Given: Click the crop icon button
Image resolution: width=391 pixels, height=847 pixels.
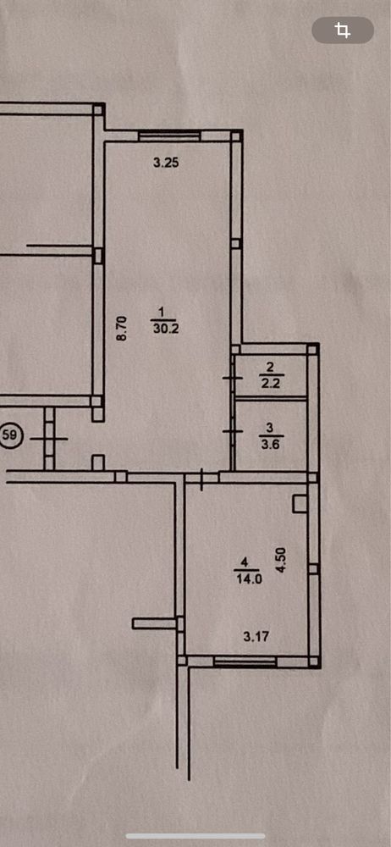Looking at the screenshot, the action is tap(343, 30).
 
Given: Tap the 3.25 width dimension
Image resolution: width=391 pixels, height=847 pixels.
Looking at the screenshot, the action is tap(166, 162).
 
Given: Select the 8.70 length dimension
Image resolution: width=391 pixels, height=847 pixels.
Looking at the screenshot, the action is tap(122, 328).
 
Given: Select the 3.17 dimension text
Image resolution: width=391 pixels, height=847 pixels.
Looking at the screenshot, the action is tap(256, 637).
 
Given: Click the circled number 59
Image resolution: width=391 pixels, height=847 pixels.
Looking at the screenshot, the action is tap(11, 435).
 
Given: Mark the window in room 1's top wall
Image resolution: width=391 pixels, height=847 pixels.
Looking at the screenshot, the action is tap(169, 135).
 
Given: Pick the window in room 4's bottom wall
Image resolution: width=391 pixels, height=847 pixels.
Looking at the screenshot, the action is tap(245, 661).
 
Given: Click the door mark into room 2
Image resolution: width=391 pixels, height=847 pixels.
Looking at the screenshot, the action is tap(232, 378).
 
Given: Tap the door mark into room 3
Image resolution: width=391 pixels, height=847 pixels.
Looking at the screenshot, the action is tap(232, 432).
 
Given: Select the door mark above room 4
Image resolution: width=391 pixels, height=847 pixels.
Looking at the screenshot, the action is tap(202, 479).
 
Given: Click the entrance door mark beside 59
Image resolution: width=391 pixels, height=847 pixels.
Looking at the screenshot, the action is tap(49, 439).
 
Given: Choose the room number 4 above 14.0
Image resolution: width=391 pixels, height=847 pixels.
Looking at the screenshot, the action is tap(245, 563).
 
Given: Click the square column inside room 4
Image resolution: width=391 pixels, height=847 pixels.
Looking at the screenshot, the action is tap(300, 503).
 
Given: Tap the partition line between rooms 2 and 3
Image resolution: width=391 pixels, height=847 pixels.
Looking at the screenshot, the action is tap(271, 399).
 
